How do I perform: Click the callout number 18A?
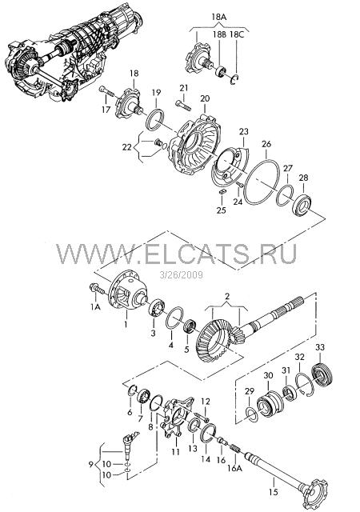pyautogui.click(x=219, y=17)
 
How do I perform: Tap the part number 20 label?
pyautogui.click(x=205, y=98)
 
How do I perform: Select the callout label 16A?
pyautogui.click(x=235, y=468)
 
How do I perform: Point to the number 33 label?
pyautogui.click(x=320, y=347)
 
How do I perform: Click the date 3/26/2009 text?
pyautogui.click(x=182, y=275)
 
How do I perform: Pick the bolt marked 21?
pyautogui.click(x=183, y=106)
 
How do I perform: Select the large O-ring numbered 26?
pyautogui.click(x=262, y=182)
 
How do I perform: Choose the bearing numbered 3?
pyautogui.click(x=157, y=307)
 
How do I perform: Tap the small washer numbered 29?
pyautogui.click(x=252, y=414)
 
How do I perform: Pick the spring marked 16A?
pyautogui.click(x=235, y=447)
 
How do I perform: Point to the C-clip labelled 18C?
pyautogui.click(x=234, y=80)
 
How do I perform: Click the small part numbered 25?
pyautogui.click(x=221, y=191)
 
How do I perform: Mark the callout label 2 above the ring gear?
pyautogui.click(x=227, y=297)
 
